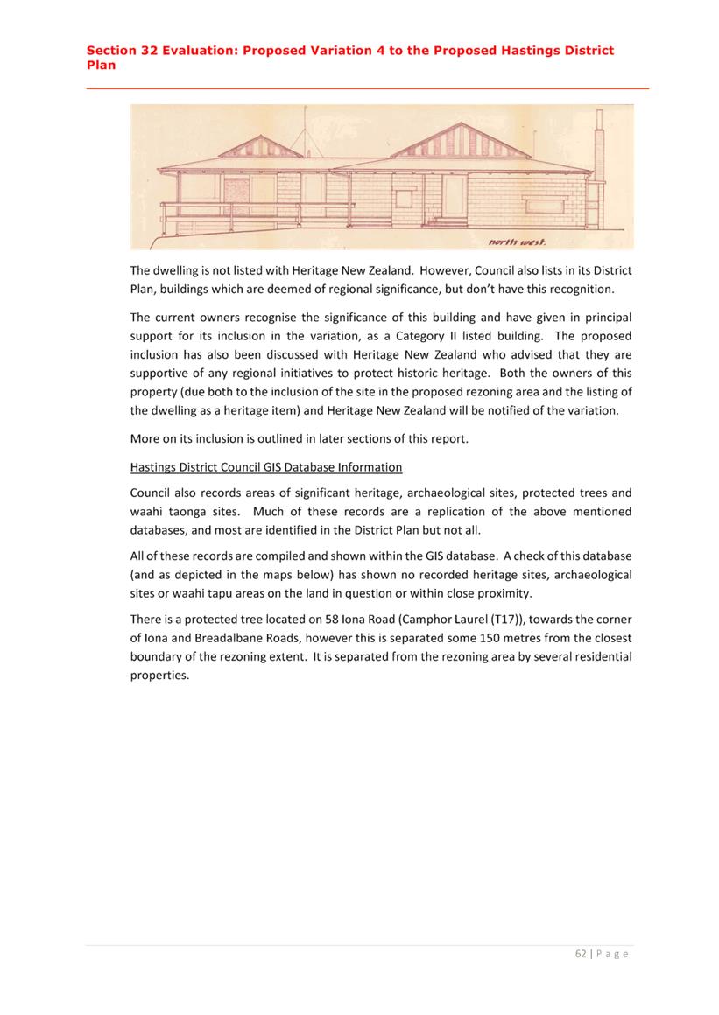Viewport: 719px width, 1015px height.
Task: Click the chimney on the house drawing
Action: coord(600,144)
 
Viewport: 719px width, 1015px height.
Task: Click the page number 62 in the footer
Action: coord(581,954)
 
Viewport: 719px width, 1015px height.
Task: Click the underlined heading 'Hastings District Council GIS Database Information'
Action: coord(266,466)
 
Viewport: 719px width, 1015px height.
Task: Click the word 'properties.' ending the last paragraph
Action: coord(159,675)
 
